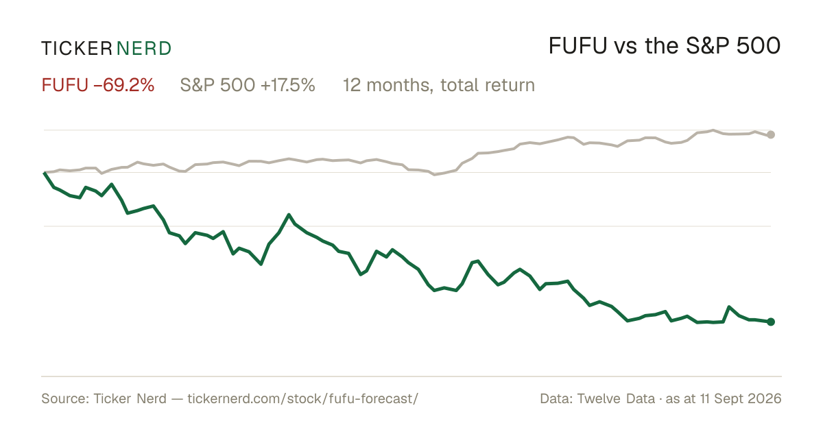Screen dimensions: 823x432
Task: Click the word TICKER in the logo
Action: [76, 49]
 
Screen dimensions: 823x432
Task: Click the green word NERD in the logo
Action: [143, 49]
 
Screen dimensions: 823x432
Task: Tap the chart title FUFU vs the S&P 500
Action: [665, 47]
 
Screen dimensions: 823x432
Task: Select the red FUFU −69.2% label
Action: [97, 85]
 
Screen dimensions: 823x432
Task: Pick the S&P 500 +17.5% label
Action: [248, 85]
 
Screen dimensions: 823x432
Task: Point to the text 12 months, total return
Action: [439, 85]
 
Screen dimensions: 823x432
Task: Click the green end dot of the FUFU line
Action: [771, 322]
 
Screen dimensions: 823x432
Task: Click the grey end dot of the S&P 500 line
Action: [771, 135]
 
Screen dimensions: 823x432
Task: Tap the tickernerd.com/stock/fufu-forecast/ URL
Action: [302, 398]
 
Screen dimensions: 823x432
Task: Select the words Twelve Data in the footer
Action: [616, 398]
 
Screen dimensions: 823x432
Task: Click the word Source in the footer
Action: [63, 398]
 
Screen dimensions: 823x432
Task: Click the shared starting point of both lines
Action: [44, 172]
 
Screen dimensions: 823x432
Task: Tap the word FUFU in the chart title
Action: [577, 47]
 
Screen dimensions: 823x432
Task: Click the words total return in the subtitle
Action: [488, 85]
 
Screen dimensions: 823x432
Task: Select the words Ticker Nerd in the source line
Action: [130, 398]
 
